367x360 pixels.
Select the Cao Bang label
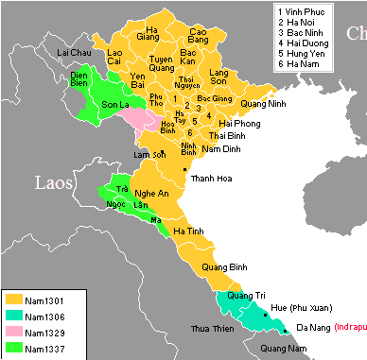(x=199, y=37)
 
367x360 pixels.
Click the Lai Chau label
(x=77, y=51)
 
